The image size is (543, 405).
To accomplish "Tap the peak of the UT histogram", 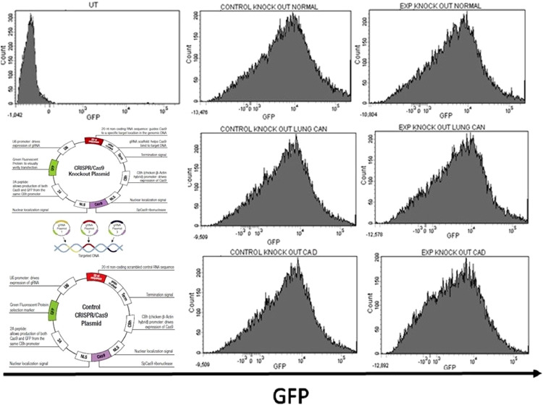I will [x=30, y=16].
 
